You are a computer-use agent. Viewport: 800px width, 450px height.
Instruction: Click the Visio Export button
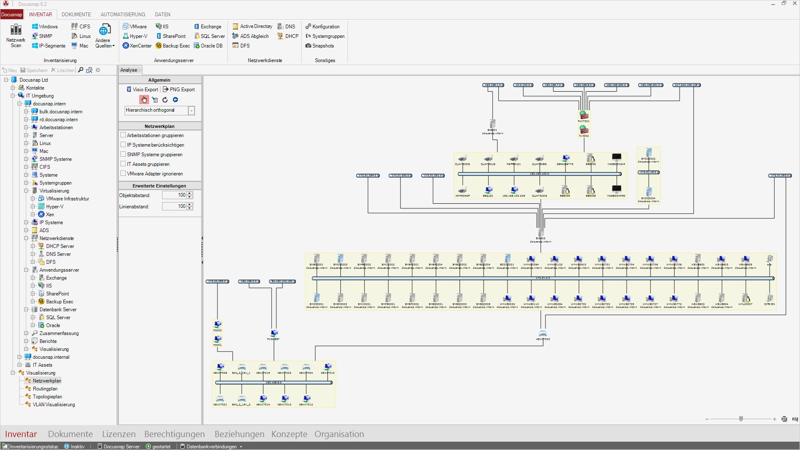coord(142,90)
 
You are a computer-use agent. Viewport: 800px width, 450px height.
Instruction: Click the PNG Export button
coord(179,90)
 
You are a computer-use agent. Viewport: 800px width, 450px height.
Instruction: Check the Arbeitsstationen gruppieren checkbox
coord(123,135)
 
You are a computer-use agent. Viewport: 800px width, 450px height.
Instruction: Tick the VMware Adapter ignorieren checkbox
coord(123,173)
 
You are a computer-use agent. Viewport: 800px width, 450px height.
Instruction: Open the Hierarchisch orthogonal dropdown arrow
coord(191,111)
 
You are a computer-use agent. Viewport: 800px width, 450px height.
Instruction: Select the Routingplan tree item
coord(45,389)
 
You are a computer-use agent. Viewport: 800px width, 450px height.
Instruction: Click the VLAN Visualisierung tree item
coord(54,405)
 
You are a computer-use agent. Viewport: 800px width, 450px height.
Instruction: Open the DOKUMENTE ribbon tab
coord(76,15)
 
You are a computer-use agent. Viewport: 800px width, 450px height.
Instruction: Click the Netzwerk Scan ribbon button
coord(16,35)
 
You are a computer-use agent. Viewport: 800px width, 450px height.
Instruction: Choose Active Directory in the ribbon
coord(252,26)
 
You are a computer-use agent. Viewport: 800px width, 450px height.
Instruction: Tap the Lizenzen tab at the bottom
coord(119,434)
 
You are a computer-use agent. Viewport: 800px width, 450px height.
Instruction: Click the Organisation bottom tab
coord(339,434)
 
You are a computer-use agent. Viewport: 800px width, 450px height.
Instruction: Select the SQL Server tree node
coord(58,317)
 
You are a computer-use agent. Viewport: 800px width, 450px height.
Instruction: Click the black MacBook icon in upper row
coord(616,157)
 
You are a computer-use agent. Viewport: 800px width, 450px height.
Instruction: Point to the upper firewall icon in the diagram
coord(583,115)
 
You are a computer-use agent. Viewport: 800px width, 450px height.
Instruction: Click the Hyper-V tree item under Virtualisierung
coord(55,207)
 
